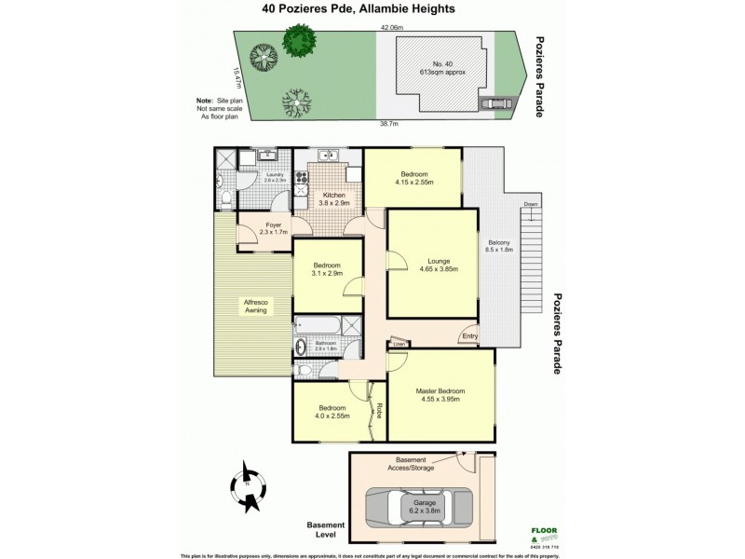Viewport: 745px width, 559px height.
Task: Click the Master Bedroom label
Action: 440,395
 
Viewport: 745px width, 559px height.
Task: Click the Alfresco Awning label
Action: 256,306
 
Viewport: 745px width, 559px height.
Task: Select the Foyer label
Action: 274,227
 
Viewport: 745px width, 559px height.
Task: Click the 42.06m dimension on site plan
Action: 391,29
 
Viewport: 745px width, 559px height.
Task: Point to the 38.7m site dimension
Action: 388,123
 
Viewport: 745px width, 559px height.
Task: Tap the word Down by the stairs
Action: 530,204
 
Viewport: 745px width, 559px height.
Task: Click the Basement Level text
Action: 326,529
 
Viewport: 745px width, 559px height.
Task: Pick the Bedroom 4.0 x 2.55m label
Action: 332,412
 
